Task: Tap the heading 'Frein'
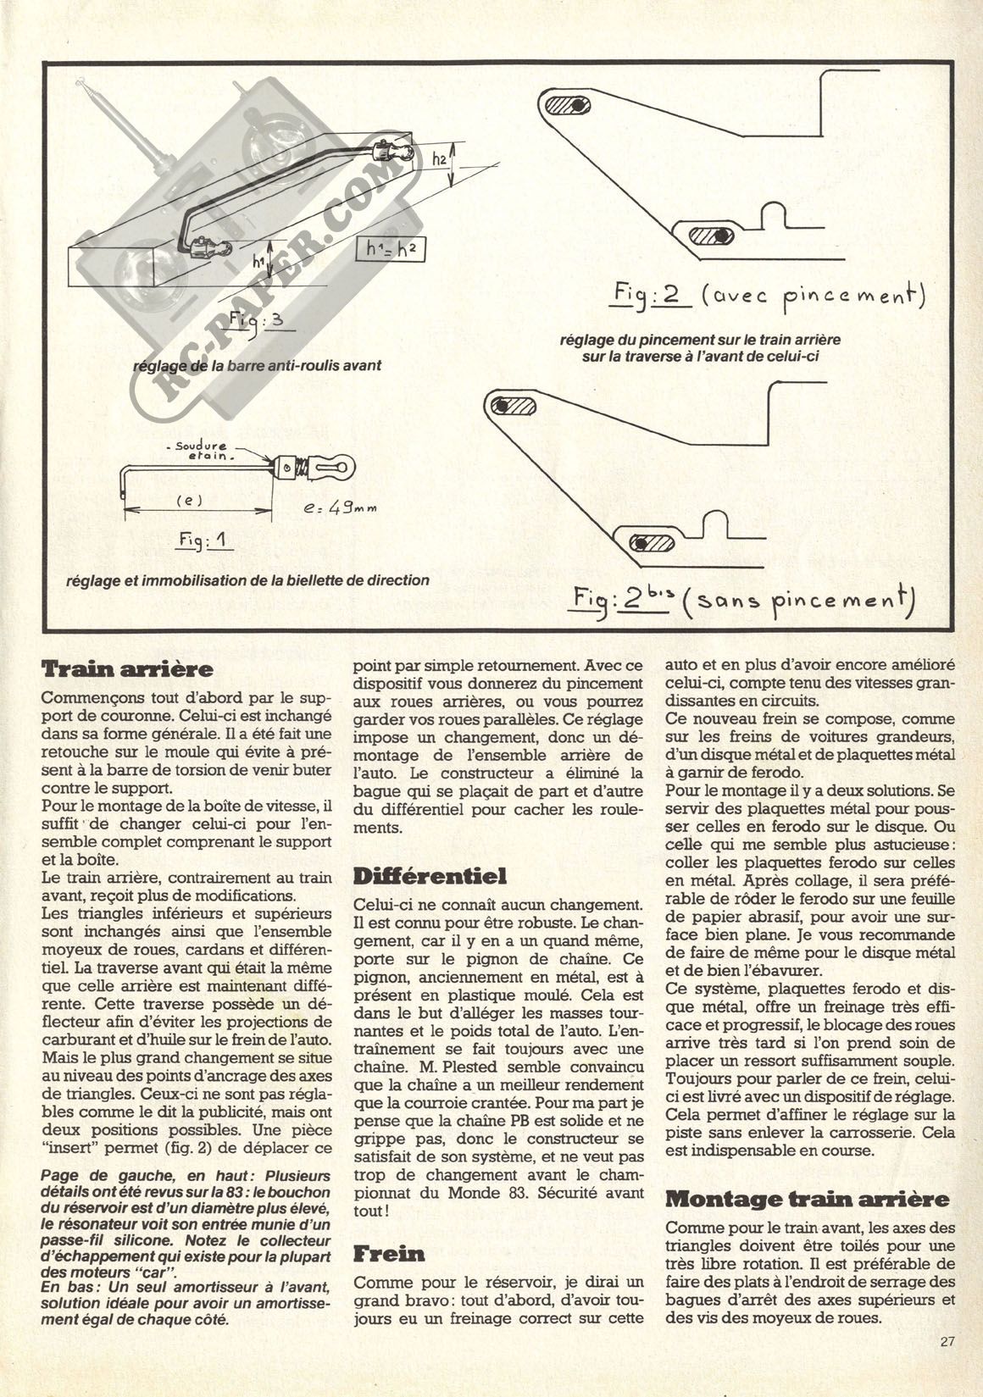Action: pyautogui.click(x=389, y=1253)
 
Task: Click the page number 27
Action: pyautogui.click(x=947, y=1340)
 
